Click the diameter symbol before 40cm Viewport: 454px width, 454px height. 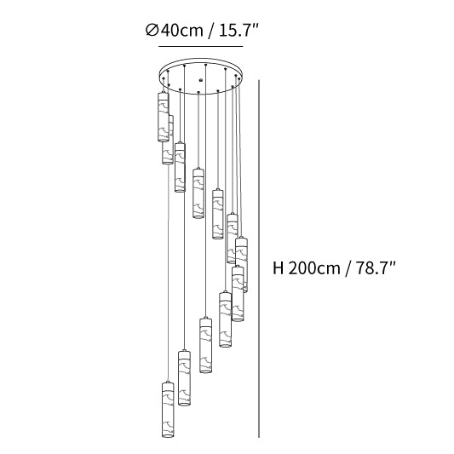pyautogui.click(x=152, y=30)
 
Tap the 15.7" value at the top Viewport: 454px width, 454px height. pyautogui.click(x=238, y=30)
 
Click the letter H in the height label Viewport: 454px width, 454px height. pyautogui.click(x=278, y=267)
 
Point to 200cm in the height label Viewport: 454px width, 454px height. pyautogui.click(x=314, y=267)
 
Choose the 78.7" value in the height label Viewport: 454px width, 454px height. pyautogui.click(x=376, y=267)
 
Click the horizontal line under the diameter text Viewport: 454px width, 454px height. pyautogui.click(x=201, y=46)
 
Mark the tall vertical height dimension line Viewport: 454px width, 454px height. pyautogui.click(x=259, y=259)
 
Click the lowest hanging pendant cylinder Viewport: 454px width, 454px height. pyautogui.click(x=168, y=409)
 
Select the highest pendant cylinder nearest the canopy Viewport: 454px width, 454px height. pyautogui.click(x=164, y=117)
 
